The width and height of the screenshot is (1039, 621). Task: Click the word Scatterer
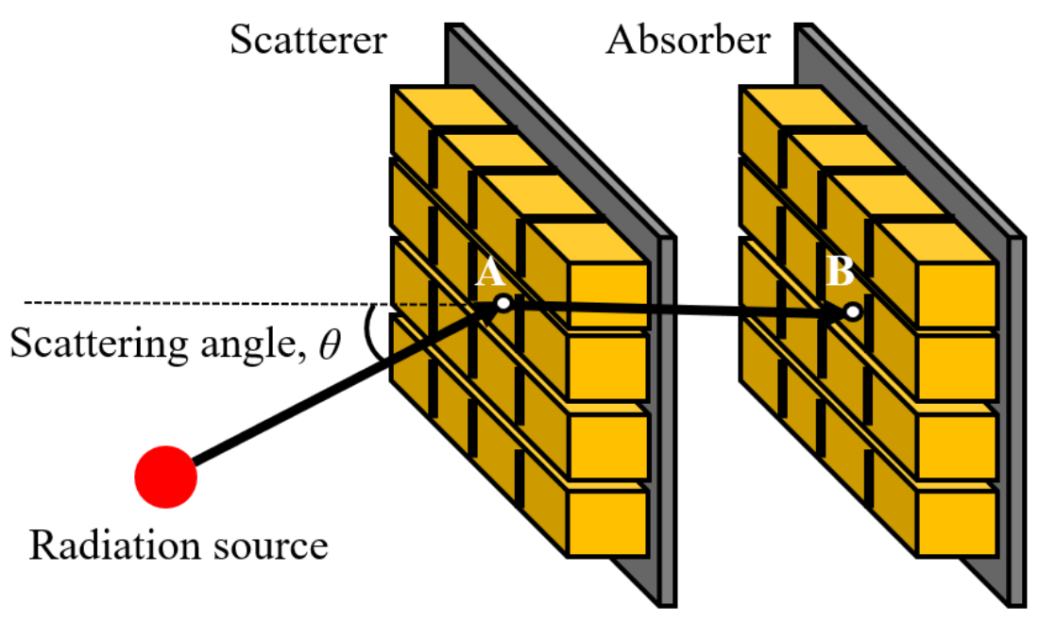coord(307,41)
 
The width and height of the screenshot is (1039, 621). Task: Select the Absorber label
coord(688,41)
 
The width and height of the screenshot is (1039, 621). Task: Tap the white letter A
coord(487,274)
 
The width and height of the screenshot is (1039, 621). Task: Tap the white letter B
coord(839,274)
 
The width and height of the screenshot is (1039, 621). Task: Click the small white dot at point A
coord(503,303)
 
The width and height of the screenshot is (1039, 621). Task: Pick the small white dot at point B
coord(852,311)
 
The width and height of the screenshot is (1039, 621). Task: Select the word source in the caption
coord(273,546)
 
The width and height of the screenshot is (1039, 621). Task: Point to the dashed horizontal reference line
coord(189,303)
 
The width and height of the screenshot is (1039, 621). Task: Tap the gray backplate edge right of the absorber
coord(1017,425)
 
